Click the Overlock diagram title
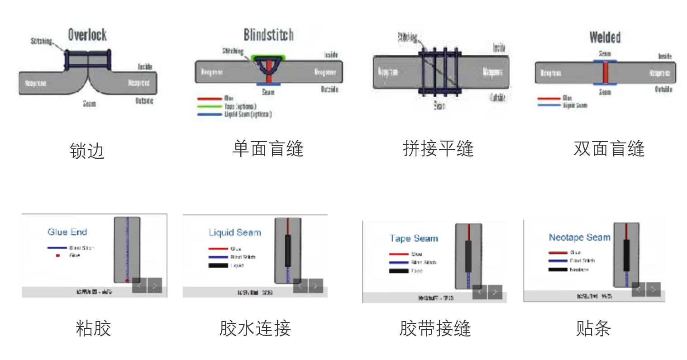point(87,35)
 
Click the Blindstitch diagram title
point(268,35)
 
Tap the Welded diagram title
point(605,37)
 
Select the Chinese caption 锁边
point(87,151)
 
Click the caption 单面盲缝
point(267,148)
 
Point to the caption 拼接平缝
point(438,148)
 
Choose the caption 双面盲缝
point(609,148)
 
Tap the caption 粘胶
point(93,328)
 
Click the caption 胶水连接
point(255,328)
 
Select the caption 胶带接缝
point(435,328)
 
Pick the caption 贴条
point(593,328)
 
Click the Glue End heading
point(67,232)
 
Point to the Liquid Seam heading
point(234,232)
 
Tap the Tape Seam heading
point(414,238)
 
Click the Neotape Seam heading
point(579,237)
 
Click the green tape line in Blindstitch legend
point(209,106)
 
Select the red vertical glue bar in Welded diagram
point(605,72)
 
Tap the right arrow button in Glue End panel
point(155,285)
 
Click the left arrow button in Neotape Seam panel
point(638,289)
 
